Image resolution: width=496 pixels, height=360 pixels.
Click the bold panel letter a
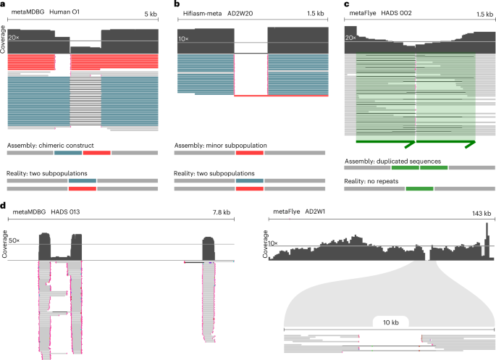pos(4,5)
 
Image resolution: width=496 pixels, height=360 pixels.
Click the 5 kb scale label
pos(151,14)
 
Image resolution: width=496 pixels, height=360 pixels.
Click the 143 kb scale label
pos(483,212)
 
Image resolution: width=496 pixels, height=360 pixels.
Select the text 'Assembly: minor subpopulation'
pos(220,146)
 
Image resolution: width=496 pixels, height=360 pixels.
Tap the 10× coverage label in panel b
pos(185,36)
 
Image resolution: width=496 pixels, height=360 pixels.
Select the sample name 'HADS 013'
pos(66,212)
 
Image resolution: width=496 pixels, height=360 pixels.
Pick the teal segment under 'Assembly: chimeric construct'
pos(68,154)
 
